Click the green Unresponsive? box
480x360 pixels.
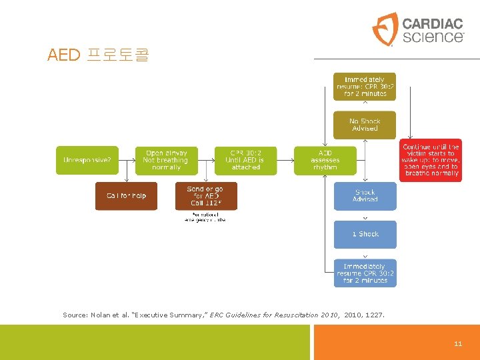(87, 160)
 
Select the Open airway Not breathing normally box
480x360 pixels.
(166, 160)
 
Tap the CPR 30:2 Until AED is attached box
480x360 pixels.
(245, 160)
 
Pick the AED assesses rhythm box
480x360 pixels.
(325, 160)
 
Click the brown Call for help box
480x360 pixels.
(126, 195)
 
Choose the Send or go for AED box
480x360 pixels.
(205, 195)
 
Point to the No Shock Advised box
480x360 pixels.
(365, 125)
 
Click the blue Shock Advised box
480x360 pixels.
(365, 195)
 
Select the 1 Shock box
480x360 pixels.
(365, 234)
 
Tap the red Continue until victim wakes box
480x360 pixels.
(431, 160)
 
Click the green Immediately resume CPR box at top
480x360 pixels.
(365, 87)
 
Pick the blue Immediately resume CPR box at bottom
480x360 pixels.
(365, 273)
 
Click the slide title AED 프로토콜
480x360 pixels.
(98, 55)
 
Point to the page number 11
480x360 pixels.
(457, 344)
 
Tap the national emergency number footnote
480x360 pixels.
(205, 217)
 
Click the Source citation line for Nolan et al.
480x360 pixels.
(223, 314)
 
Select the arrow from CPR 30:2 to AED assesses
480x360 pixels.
(285, 160)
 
